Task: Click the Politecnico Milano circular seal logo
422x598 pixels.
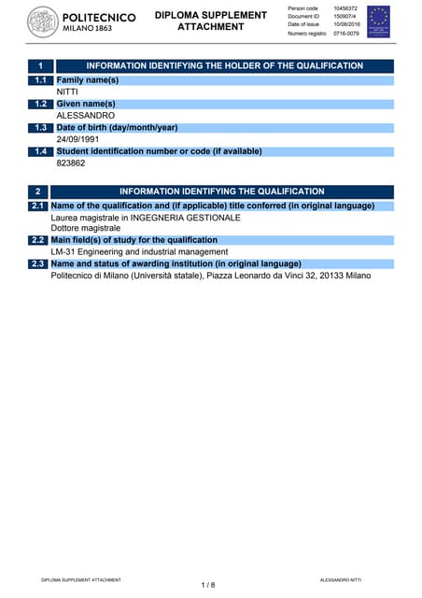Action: click(x=42, y=22)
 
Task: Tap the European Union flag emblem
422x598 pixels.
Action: click(x=378, y=21)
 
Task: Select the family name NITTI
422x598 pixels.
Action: click(x=67, y=93)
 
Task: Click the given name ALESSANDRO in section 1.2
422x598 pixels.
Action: click(x=86, y=116)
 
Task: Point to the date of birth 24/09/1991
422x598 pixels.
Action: click(x=78, y=139)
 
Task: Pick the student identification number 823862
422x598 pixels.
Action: click(x=71, y=163)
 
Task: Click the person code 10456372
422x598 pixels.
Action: click(x=345, y=8)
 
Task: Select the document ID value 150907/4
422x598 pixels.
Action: click(x=345, y=17)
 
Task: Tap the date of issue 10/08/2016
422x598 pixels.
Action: click(x=347, y=25)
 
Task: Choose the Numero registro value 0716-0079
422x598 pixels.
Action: click(x=346, y=34)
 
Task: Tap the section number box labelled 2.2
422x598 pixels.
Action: click(x=38, y=240)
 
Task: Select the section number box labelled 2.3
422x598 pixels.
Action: click(x=38, y=264)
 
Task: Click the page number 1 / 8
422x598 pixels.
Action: click(x=208, y=585)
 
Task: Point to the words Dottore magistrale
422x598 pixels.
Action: click(x=85, y=228)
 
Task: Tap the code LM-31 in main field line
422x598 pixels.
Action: click(x=63, y=252)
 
